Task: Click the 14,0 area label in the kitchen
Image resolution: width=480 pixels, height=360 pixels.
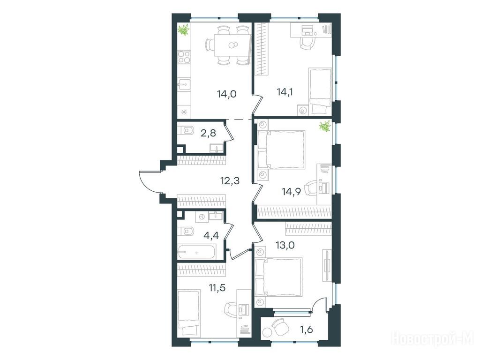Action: coord(227,94)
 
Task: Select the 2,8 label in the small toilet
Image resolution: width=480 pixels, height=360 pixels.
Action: coord(209,133)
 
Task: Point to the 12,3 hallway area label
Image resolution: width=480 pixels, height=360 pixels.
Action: coord(230,180)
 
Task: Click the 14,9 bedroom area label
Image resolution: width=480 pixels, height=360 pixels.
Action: coord(291,192)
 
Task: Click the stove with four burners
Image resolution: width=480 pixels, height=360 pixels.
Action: coord(184,57)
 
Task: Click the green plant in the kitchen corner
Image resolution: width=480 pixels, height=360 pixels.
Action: coord(184,30)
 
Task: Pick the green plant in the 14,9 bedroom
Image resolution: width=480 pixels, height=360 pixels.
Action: coord(325,126)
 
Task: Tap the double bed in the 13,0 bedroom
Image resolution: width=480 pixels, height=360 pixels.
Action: coord(278,277)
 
